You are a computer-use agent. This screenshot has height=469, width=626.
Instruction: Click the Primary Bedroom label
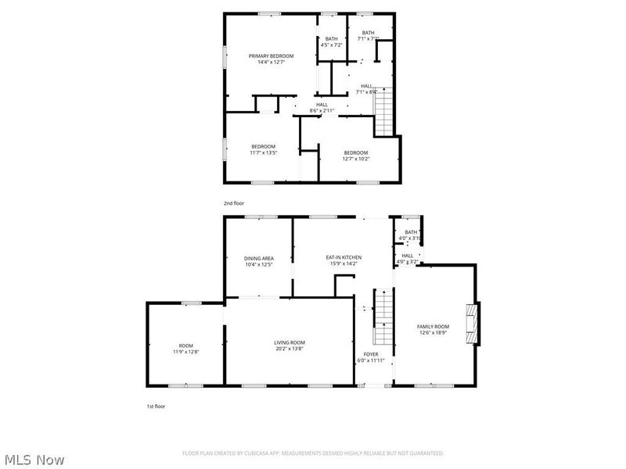click(x=271, y=56)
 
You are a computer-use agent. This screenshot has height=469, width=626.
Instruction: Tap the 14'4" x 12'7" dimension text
click(x=271, y=63)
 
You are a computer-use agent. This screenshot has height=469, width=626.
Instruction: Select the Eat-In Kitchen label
click(x=344, y=257)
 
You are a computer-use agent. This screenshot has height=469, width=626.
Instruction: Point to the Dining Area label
click(x=259, y=258)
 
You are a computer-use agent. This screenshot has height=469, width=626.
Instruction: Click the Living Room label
click(x=290, y=342)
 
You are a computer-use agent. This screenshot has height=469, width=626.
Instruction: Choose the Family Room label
click(x=433, y=326)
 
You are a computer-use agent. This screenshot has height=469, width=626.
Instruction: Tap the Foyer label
click(x=371, y=354)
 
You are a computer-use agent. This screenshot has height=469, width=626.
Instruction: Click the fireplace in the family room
click(x=470, y=323)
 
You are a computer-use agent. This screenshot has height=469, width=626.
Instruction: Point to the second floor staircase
click(x=383, y=112)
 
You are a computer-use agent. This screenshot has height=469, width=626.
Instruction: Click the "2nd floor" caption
click(x=234, y=203)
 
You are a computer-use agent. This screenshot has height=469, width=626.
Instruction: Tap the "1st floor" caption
click(x=156, y=406)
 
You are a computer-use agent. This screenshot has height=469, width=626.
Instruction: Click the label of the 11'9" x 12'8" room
click(x=185, y=345)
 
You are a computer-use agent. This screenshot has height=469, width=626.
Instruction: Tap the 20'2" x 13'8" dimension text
click(x=290, y=349)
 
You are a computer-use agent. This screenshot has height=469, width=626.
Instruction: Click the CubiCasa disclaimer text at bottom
click(x=313, y=453)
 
